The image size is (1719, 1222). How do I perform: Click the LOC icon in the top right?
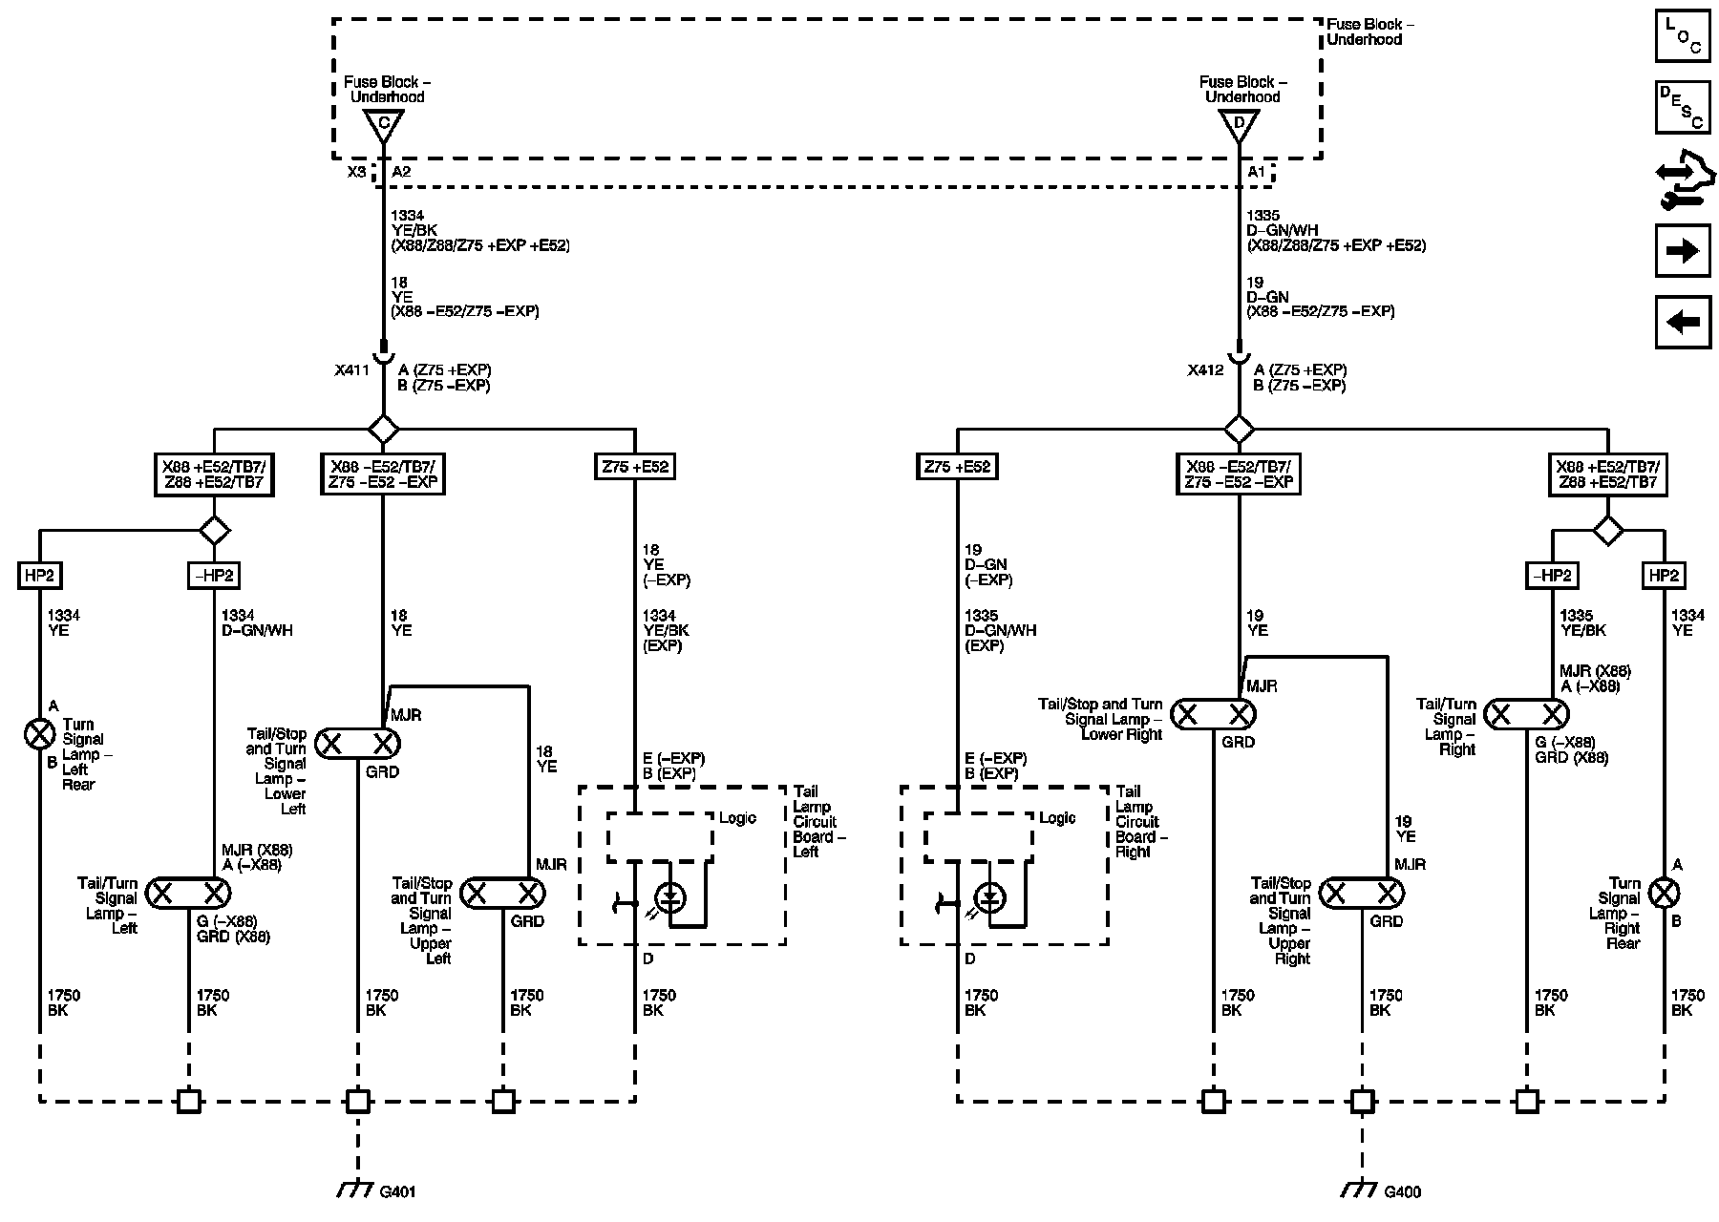pyautogui.click(x=1682, y=36)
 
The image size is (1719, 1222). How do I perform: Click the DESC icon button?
pyautogui.click(x=1682, y=107)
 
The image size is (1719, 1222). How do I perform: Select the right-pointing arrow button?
pyautogui.click(x=1682, y=251)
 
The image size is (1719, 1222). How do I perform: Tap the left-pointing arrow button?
pyautogui.click(x=1682, y=322)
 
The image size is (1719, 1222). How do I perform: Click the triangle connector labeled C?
pyautogui.click(x=383, y=124)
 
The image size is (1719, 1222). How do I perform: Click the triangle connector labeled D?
pyautogui.click(x=1239, y=124)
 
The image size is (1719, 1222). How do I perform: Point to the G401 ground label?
pyautogui.click(x=398, y=1191)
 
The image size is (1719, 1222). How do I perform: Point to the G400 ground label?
pyautogui.click(x=1402, y=1191)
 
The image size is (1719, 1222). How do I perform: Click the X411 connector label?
pyautogui.click(x=351, y=370)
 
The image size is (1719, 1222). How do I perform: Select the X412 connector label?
pyautogui.click(x=1205, y=370)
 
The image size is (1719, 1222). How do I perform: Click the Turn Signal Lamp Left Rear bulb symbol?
pyautogui.click(x=39, y=734)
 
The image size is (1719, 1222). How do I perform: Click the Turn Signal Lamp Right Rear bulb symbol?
pyautogui.click(x=1665, y=894)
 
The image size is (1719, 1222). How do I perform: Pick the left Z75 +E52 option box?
pyautogui.click(x=634, y=467)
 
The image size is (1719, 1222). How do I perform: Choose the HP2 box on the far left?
pyautogui.click(x=39, y=576)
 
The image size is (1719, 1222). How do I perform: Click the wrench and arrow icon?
pyautogui.click(x=1682, y=180)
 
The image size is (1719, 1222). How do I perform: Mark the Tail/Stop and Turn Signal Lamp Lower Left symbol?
pyautogui.click(x=358, y=744)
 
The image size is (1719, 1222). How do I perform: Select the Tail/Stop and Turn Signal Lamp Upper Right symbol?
pyautogui.click(x=1362, y=894)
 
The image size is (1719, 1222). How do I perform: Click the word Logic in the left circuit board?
pyautogui.click(x=737, y=818)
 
